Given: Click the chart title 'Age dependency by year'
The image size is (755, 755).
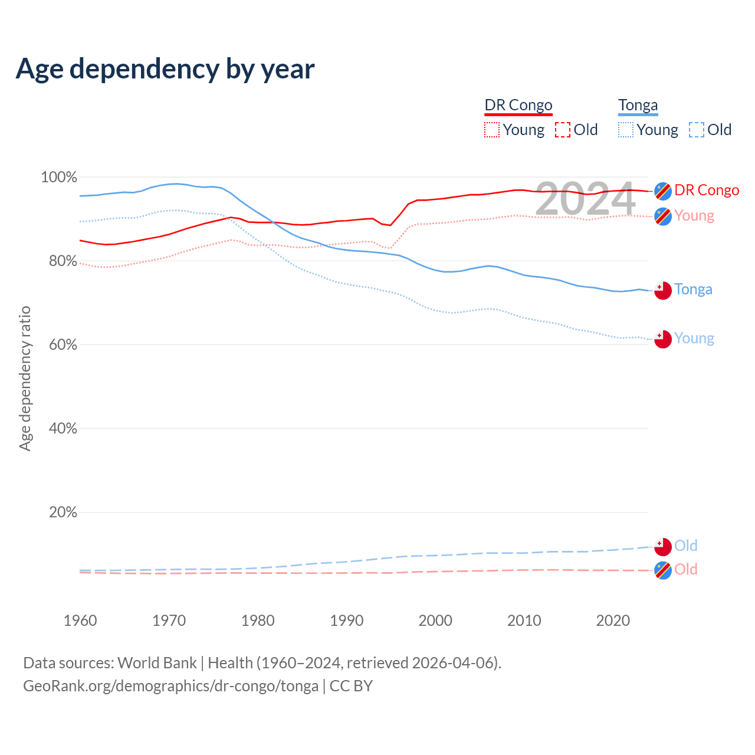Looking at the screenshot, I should tap(165, 69).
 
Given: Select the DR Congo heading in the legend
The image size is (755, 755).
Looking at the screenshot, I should tap(518, 105).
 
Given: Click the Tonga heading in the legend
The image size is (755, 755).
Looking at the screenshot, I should tap(638, 105).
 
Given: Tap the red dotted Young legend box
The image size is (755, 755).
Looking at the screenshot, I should tap(492, 130).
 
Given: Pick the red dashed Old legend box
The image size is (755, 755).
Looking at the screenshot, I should tap(563, 130).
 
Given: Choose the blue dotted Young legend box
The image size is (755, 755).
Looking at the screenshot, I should tap(626, 130).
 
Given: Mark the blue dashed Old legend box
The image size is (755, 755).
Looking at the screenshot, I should tap(697, 130).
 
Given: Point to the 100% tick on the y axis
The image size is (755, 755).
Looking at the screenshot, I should tap(59, 177).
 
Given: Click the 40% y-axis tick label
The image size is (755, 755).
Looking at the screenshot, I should tap(63, 428).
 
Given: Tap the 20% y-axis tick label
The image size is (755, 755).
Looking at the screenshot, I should tap(63, 512).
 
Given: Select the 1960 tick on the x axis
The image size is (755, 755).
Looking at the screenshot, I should tap(80, 621).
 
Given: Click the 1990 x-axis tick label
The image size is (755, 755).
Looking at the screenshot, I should tap(347, 621).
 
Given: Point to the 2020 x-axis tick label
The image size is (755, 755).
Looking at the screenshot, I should tap(613, 621).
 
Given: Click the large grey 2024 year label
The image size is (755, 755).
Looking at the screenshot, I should tap(585, 199).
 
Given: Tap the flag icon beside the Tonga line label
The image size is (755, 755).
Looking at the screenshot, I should tap(663, 290).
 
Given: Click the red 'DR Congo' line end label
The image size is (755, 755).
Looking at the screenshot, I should tap(707, 190).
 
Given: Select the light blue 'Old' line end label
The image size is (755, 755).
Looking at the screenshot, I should tap(686, 546).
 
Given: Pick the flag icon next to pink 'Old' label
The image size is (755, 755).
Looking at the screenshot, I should tap(663, 570).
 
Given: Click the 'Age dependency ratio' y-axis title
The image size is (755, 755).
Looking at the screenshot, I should tap(25, 378).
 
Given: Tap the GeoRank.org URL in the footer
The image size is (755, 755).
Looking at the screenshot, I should tap(170, 686).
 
